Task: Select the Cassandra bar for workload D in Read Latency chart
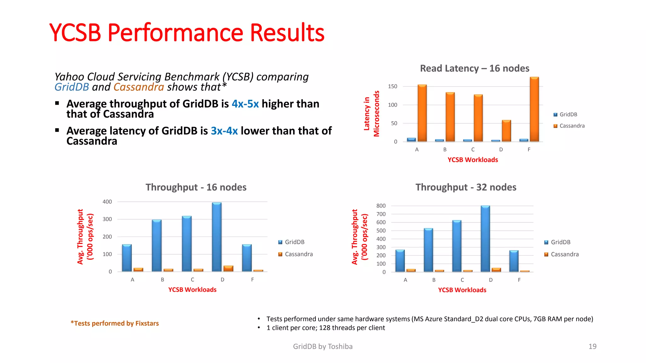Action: tap(506, 131)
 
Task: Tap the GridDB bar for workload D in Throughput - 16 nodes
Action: tap(217, 237)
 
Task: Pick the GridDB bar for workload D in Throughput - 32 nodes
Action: tap(485, 239)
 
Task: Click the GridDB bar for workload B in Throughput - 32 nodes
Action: tap(428, 250)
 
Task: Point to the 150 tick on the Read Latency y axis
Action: tap(392, 86)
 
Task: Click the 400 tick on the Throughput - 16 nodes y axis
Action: tap(107, 202)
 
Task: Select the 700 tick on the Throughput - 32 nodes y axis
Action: tap(381, 214)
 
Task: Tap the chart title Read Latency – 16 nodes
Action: tap(474, 68)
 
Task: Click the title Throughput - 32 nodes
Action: tap(466, 187)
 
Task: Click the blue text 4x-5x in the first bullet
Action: tap(245, 104)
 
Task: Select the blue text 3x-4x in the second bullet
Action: tap(224, 131)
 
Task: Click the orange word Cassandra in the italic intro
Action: tap(138, 87)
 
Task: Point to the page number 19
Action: tap(592, 346)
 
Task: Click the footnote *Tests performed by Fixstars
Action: tap(115, 323)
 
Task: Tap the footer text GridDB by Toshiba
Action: tap(323, 346)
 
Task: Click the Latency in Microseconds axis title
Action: tap(371, 114)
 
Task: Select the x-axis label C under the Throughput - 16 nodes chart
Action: tap(192, 279)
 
